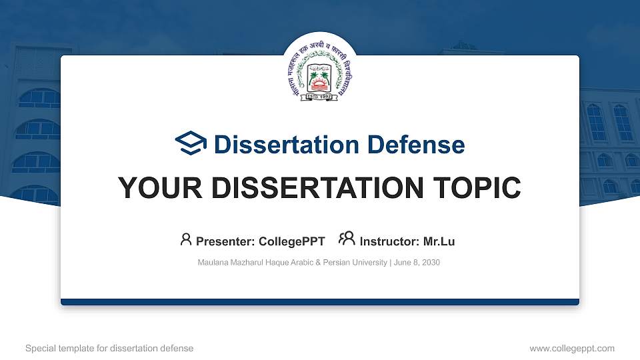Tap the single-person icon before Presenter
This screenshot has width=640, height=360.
pyautogui.click(x=186, y=239)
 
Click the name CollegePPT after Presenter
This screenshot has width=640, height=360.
pyautogui.click(x=293, y=241)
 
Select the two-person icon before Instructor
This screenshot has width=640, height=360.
pyautogui.click(x=347, y=239)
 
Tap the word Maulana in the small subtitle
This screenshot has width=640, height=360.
pyautogui.click(x=213, y=263)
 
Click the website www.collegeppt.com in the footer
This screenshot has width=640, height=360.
pyautogui.click(x=571, y=348)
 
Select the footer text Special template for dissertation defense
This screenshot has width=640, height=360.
pyautogui.click(x=109, y=348)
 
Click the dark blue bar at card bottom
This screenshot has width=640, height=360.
pyautogui.click(x=320, y=302)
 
